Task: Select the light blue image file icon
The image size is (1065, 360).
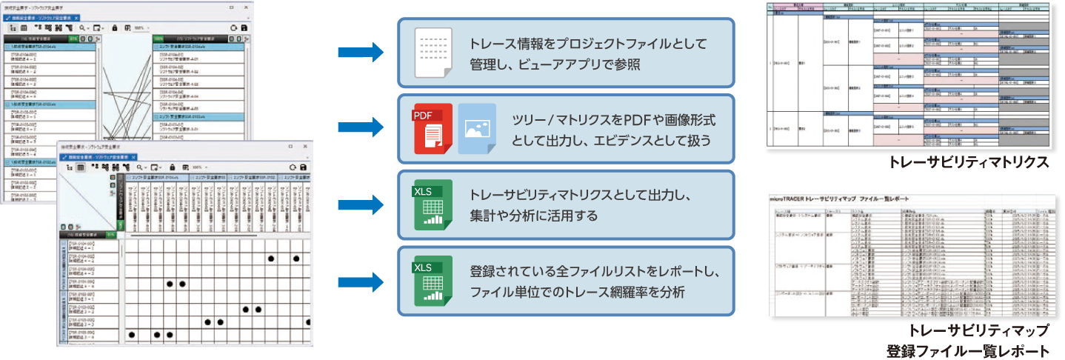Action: pos(476,128)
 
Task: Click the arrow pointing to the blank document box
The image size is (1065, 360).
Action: pos(360,53)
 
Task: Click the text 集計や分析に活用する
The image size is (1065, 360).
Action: pos(533,216)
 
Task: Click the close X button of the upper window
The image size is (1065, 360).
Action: pos(247,7)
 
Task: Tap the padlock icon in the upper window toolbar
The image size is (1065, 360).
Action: pos(115,27)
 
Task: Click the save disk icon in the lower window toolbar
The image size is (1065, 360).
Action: pos(304,167)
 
